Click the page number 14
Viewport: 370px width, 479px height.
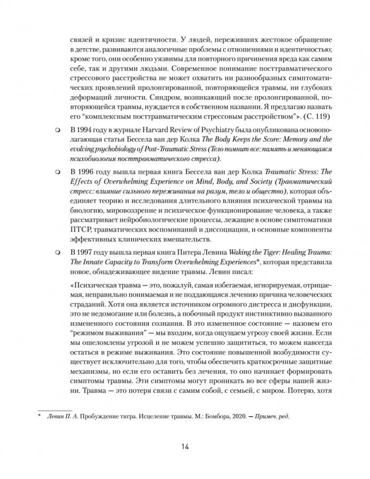[185, 447]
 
